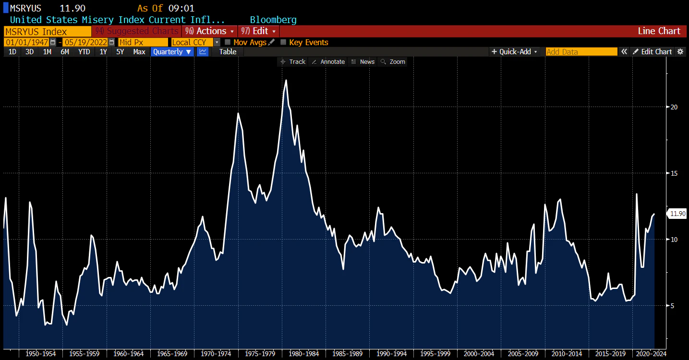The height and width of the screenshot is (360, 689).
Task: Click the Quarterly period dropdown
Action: tap(172, 52)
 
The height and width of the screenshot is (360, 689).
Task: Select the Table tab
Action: tap(228, 52)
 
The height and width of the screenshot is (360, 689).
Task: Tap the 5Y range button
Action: tap(120, 52)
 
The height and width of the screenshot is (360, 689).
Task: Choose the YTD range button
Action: tap(84, 52)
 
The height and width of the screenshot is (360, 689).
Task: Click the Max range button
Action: tap(139, 52)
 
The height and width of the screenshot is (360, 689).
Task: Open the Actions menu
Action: tap(209, 31)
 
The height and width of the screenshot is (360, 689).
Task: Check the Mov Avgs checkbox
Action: tap(228, 42)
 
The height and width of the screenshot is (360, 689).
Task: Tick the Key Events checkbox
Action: tap(283, 42)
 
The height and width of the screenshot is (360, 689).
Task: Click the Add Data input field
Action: tap(581, 52)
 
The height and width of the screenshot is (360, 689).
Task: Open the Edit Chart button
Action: tap(652, 52)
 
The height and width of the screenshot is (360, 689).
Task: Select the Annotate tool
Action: tap(328, 62)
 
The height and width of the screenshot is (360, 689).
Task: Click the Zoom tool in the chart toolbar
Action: tap(393, 62)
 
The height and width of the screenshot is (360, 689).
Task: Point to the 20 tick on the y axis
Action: tap(674, 107)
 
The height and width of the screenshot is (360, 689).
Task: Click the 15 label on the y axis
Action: tap(674, 173)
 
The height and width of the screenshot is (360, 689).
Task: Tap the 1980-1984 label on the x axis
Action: tap(304, 354)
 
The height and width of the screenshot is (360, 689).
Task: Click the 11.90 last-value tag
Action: tap(677, 214)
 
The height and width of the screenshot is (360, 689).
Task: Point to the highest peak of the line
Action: tap(286, 80)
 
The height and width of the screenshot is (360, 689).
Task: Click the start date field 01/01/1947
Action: tap(27, 42)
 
